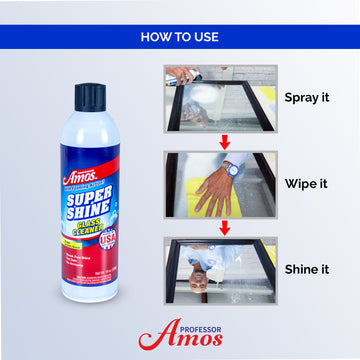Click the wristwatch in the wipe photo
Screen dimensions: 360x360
(232, 167)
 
